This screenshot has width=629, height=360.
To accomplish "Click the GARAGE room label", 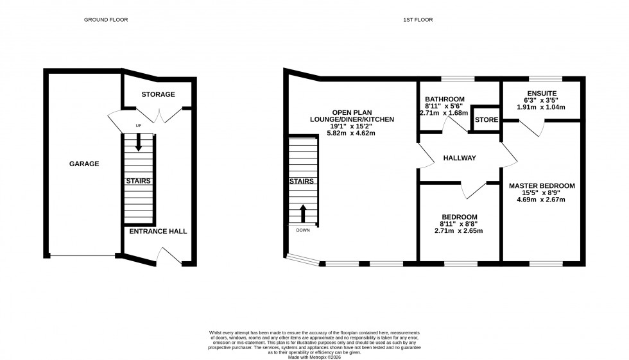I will [84, 164].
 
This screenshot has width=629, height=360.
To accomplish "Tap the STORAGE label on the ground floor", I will [158, 94].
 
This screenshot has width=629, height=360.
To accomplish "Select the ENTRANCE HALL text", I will [158, 231].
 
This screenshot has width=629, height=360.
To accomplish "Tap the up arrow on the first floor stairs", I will [303, 213].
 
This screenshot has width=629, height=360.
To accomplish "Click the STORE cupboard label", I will [486, 120].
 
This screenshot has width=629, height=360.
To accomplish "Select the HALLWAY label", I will [459, 158].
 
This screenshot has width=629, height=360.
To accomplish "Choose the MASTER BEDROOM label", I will [542, 186].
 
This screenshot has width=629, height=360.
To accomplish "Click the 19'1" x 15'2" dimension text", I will [352, 126].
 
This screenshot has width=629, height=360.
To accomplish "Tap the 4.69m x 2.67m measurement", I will [542, 200].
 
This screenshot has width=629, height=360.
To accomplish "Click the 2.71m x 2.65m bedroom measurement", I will [459, 231].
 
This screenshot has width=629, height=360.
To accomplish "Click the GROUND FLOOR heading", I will [106, 20].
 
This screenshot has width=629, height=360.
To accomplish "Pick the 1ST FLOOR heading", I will [418, 20].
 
